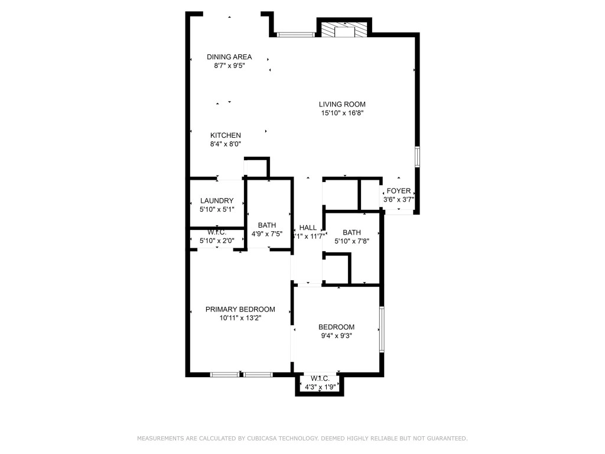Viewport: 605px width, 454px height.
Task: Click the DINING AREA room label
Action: click(x=229, y=57)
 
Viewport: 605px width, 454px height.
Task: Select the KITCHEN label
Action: click(x=226, y=135)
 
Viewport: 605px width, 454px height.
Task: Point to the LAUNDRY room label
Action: click(x=217, y=200)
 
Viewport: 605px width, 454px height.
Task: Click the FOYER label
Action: click(x=398, y=191)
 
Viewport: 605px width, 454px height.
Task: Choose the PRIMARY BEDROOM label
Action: click(x=240, y=309)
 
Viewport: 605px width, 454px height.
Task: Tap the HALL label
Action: click(x=308, y=228)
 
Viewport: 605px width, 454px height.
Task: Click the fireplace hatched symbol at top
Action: click(x=344, y=31)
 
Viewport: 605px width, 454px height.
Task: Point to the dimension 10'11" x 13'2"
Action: click(x=240, y=318)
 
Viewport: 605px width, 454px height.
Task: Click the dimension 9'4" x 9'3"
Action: click(x=336, y=336)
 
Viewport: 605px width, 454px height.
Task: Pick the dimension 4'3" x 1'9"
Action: click(x=319, y=387)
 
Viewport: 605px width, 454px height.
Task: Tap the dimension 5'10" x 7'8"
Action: click(x=352, y=241)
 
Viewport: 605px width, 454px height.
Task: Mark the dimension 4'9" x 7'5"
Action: click(x=267, y=234)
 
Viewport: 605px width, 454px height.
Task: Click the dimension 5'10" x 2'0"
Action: click(x=217, y=241)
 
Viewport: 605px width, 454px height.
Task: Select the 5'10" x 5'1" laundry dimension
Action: click(x=217, y=209)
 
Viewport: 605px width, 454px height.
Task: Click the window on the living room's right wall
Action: click(x=417, y=157)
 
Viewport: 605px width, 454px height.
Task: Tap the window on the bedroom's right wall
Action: click(x=382, y=329)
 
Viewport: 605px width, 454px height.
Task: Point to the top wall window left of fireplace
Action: click(x=296, y=35)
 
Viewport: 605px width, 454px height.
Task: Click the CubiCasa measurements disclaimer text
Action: click(x=302, y=439)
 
